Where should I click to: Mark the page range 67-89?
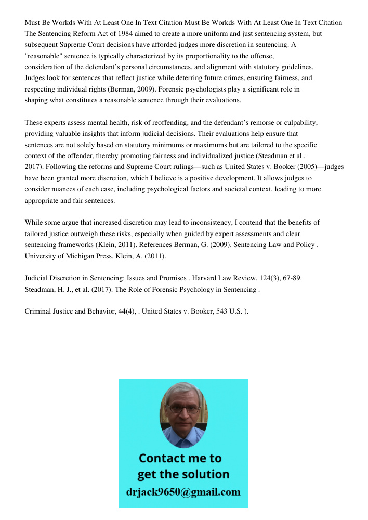(292, 278)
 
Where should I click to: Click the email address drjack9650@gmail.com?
(183, 492)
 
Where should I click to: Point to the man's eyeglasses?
(183, 409)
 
